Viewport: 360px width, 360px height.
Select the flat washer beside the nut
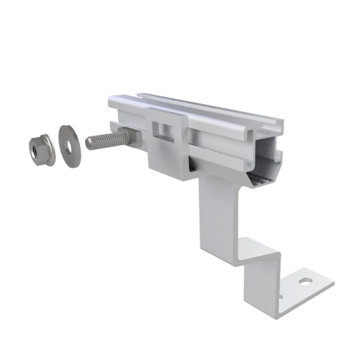pos(69,146)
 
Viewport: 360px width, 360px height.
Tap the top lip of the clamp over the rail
pos(169,112)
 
